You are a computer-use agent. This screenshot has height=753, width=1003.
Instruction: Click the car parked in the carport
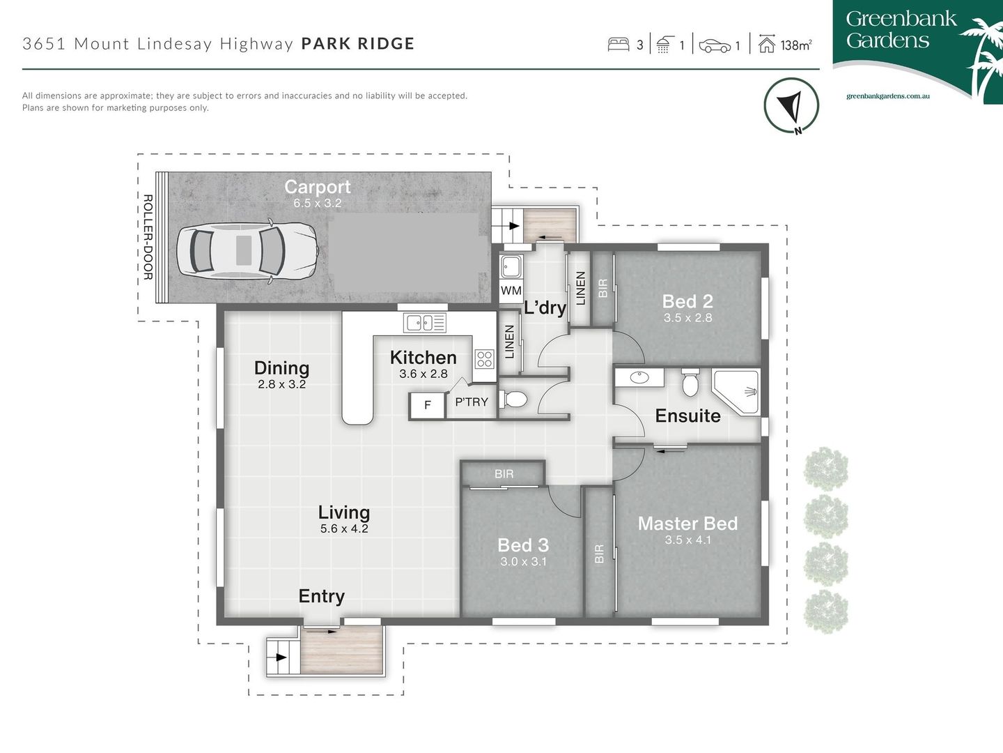point(247,251)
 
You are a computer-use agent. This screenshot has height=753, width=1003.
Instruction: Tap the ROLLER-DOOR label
point(148,237)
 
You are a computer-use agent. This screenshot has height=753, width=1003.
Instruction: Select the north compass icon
point(791,105)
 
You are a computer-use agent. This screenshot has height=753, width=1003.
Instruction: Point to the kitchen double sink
point(425,323)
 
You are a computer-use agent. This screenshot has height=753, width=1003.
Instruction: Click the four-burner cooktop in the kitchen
point(484,359)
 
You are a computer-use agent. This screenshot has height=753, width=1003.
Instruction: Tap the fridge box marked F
point(427,405)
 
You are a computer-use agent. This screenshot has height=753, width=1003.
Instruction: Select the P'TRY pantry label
point(472,402)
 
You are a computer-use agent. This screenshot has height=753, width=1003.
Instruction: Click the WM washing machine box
point(511,290)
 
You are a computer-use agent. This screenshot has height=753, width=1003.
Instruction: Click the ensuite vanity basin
point(639,378)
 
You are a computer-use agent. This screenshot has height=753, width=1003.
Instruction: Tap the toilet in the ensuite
point(690,383)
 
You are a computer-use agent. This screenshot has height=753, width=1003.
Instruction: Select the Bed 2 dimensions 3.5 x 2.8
point(687,318)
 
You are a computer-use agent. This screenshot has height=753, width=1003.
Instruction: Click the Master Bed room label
point(687,523)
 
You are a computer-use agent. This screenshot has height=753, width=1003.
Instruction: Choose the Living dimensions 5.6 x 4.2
point(344,528)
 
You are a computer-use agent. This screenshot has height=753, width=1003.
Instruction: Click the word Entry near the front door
point(321,596)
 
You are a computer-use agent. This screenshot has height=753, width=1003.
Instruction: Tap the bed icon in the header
point(618,45)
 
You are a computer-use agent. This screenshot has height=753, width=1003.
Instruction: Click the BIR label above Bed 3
point(504,474)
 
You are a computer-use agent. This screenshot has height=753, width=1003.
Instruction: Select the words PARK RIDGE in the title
point(357,43)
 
